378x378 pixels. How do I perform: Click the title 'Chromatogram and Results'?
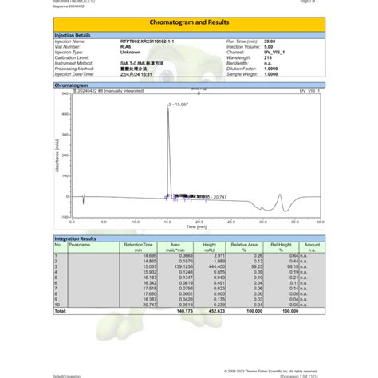pos(189,24)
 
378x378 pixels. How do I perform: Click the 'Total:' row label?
pos(61,311)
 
